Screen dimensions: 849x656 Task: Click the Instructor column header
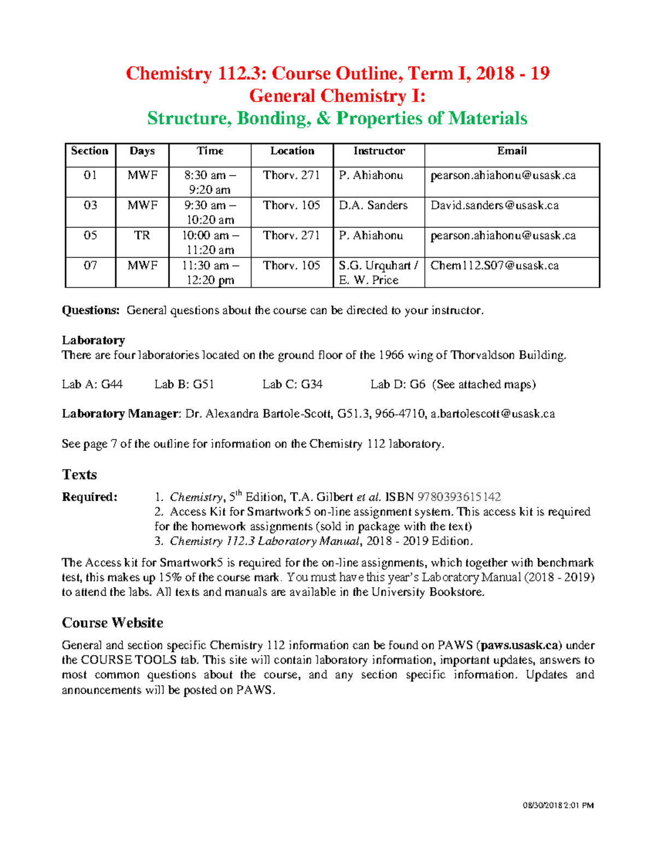(379, 151)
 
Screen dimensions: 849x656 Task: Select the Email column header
(512, 151)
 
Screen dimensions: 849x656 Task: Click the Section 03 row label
(90, 206)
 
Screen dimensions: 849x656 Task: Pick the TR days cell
(142, 236)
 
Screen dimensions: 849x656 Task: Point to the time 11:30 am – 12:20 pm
(210, 273)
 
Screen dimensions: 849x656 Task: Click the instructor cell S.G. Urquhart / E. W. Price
(378, 273)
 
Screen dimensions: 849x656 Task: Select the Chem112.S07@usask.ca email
(494, 266)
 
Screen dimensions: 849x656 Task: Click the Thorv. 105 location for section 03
(291, 206)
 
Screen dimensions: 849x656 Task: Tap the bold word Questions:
(90, 311)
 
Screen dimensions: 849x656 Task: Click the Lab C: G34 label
(292, 384)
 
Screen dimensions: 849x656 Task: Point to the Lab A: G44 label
(92, 384)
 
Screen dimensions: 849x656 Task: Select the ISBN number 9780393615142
(459, 497)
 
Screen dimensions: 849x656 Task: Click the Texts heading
(79, 475)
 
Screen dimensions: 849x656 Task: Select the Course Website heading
(113, 623)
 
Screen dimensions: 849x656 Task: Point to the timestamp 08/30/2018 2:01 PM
(558, 805)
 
